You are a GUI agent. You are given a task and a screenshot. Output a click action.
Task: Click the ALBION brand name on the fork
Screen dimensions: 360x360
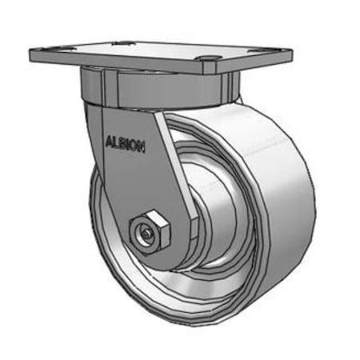(x=124, y=145)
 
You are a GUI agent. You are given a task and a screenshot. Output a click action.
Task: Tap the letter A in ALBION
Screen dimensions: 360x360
(x=108, y=144)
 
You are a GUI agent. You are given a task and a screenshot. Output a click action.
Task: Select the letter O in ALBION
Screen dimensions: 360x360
(x=134, y=146)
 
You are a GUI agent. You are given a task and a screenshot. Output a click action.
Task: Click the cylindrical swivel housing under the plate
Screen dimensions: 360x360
(x=160, y=88)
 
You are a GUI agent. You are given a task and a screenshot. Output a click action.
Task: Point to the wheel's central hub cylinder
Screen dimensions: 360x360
(x=212, y=224)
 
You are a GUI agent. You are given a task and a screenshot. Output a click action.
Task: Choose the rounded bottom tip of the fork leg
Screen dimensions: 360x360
(x=152, y=260)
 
